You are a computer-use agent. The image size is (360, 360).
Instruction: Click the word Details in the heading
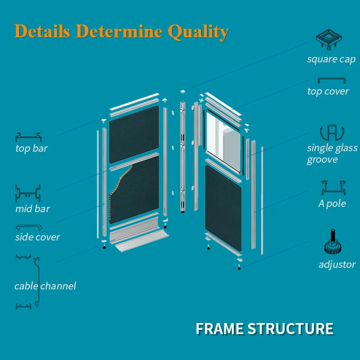(x=43, y=31)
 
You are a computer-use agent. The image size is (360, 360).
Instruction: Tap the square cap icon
(x=332, y=40)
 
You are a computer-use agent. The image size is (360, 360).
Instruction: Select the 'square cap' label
(x=331, y=60)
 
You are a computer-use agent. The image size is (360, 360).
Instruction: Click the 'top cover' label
(x=328, y=91)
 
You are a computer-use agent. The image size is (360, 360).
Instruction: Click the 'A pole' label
(x=332, y=204)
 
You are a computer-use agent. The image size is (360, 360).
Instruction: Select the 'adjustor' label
(x=337, y=264)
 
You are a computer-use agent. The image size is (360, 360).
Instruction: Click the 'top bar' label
(x=31, y=148)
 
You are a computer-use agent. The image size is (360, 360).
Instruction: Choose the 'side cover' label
(x=37, y=237)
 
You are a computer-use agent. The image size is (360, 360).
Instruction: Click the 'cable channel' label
(x=45, y=286)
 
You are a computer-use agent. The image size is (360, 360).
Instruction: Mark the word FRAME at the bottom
(x=219, y=329)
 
